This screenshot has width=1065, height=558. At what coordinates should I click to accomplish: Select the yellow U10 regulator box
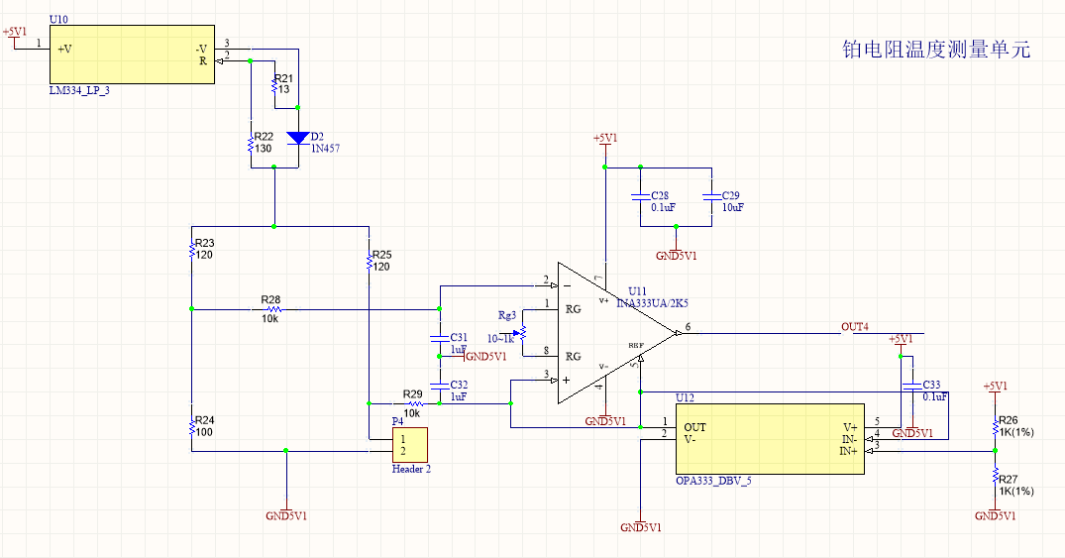(132, 54)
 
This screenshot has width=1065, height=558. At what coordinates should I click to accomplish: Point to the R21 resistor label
(283, 78)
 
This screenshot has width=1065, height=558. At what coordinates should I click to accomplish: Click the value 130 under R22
(263, 149)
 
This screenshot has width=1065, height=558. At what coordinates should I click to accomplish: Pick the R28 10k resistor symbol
(270, 309)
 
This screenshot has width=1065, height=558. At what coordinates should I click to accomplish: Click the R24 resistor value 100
(204, 432)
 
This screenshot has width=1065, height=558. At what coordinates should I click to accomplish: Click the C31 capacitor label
(459, 338)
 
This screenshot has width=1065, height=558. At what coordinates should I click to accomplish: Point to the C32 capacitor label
(459, 385)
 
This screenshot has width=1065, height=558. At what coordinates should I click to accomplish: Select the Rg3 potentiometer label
(507, 316)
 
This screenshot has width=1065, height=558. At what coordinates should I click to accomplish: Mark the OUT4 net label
(855, 326)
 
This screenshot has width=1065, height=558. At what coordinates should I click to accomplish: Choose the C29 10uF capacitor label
(730, 196)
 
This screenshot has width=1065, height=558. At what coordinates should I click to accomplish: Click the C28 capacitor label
(660, 196)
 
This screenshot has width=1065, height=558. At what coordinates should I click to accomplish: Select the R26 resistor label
(1009, 420)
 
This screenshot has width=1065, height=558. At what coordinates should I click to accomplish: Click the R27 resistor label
(1009, 479)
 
